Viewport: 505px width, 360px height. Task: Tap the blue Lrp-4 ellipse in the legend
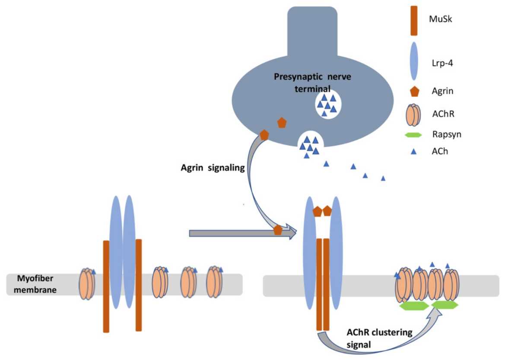pyautogui.click(x=414, y=61)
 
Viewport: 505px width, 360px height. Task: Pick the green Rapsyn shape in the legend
pyautogui.click(x=414, y=135)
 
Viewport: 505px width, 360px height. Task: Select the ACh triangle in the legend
pyautogui.click(x=414, y=151)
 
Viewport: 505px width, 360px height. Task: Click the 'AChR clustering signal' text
pyautogui.click(x=379, y=338)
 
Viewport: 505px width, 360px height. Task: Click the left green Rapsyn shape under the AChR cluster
pyautogui.click(x=413, y=306)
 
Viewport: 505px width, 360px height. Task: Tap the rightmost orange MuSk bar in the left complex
pyautogui.click(x=139, y=285)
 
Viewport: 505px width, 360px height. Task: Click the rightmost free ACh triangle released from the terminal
pyautogui.click(x=383, y=178)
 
